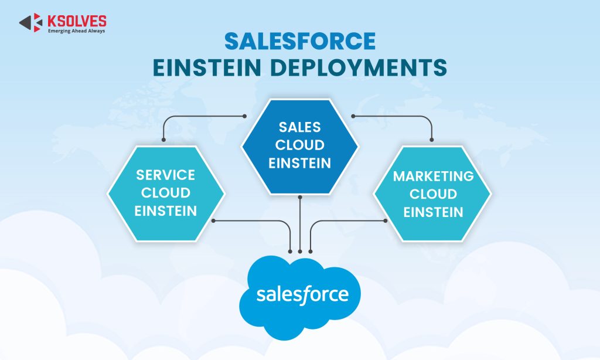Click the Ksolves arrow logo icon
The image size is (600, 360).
(x=30, y=22)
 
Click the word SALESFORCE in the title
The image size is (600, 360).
(x=300, y=42)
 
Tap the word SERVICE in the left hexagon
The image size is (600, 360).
(x=165, y=175)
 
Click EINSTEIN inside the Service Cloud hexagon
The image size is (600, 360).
(x=165, y=211)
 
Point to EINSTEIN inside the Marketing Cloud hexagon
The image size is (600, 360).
(x=433, y=211)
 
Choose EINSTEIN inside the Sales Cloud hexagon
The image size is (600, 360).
(x=300, y=163)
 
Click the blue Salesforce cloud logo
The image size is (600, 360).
(x=300, y=296)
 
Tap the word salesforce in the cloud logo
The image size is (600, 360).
(x=302, y=295)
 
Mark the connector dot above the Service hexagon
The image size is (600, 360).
(x=163, y=140)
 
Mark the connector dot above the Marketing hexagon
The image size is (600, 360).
(x=432, y=140)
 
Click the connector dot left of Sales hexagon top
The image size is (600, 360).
(x=244, y=116)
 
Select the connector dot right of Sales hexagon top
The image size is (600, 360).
(x=353, y=116)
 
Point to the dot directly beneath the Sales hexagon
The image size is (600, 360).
(x=300, y=197)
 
